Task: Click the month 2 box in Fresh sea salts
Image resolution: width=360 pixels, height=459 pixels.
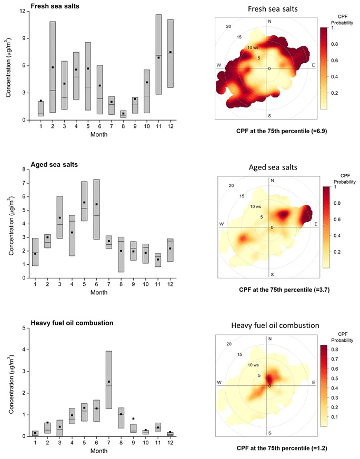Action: pos(53,67)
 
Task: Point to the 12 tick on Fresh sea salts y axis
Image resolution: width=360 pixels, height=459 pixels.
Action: pos(23,11)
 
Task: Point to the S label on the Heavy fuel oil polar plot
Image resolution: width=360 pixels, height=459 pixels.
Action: pos(269,433)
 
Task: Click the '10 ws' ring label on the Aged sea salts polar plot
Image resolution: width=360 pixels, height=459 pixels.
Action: pos(255,206)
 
